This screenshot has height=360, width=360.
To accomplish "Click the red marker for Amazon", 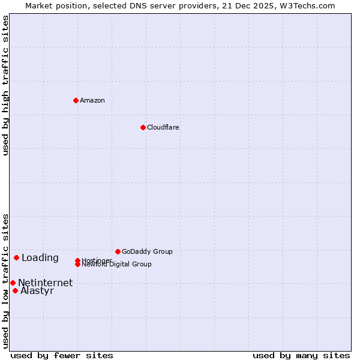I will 76,100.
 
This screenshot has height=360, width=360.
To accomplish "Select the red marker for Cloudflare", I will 143,127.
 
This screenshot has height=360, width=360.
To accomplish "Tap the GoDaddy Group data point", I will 118,251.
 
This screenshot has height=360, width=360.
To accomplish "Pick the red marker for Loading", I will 16,257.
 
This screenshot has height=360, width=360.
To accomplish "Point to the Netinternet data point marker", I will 13,283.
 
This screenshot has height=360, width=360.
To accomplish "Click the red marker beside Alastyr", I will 15,290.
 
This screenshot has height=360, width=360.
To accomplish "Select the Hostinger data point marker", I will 77,260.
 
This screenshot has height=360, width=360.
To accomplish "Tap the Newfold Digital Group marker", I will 77,264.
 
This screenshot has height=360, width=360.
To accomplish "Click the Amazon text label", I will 92,100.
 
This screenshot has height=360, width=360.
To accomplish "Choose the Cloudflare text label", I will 163,127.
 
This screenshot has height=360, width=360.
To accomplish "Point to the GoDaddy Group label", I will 147,251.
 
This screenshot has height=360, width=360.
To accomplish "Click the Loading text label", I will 40,258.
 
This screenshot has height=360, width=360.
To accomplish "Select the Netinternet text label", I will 46,283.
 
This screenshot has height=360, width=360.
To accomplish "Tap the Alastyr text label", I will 37,291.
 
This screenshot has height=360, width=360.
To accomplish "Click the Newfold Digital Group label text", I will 117,265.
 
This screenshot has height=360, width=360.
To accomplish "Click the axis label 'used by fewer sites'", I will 62,356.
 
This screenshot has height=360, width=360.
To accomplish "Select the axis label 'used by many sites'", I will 301,356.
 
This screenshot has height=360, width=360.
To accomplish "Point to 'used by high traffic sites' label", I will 6,86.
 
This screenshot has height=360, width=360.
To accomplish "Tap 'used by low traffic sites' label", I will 6,281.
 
